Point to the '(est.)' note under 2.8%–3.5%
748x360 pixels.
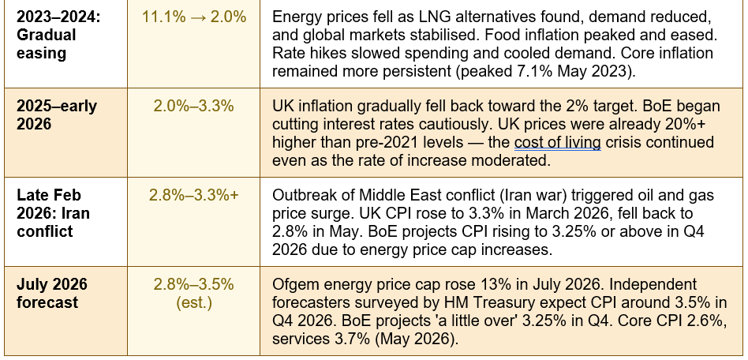(x=193, y=302)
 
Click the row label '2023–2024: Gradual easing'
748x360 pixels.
(x=47, y=35)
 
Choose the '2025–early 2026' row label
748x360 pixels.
(x=57, y=115)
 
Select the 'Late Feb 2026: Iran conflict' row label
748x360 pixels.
(x=53, y=213)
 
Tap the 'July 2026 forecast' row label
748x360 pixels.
(x=52, y=294)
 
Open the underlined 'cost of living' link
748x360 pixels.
(x=557, y=142)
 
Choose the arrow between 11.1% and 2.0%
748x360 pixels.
(x=193, y=17)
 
